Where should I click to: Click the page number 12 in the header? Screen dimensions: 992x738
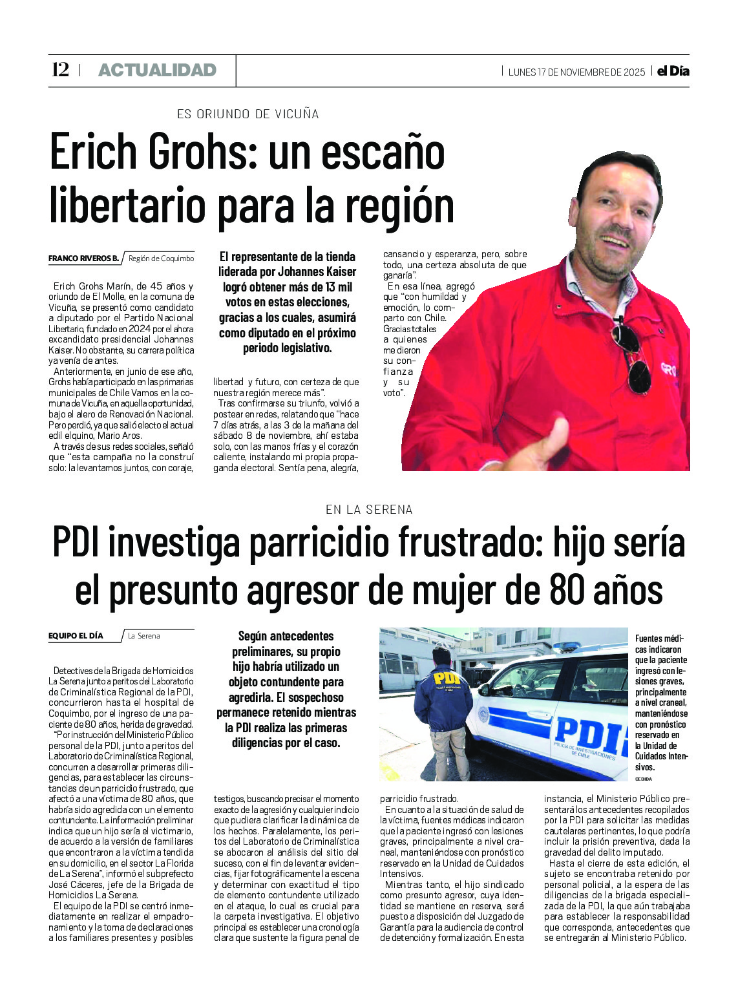(x=60, y=70)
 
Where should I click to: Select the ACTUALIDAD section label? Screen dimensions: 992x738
(x=157, y=70)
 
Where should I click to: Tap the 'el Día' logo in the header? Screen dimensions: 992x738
(x=673, y=71)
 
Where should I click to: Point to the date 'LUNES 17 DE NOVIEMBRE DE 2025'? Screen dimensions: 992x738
(x=576, y=72)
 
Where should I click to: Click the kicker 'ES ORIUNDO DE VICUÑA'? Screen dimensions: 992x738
(x=248, y=114)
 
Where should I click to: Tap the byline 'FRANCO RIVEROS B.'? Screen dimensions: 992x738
(x=83, y=259)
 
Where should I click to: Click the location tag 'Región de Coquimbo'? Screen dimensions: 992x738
(x=161, y=259)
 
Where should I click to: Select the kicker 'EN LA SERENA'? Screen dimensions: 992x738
(x=369, y=510)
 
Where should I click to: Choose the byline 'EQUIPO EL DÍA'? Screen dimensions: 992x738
(x=76, y=636)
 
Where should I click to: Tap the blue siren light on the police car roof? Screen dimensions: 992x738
(x=569, y=646)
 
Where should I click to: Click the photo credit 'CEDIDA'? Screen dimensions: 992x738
(x=644, y=779)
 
